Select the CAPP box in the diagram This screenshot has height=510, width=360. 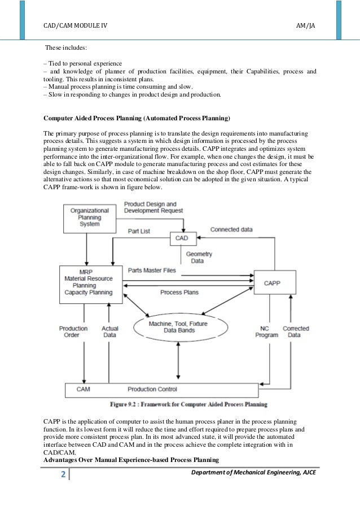[x=272, y=281]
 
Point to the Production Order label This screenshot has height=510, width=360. [x=73, y=332]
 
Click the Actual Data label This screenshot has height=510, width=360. [x=109, y=332]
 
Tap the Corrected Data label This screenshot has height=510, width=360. [x=296, y=332]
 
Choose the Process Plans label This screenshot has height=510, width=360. [x=179, y=292]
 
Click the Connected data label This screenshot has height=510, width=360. [x=231, y=230]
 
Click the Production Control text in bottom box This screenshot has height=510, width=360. [x=152, y=390]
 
